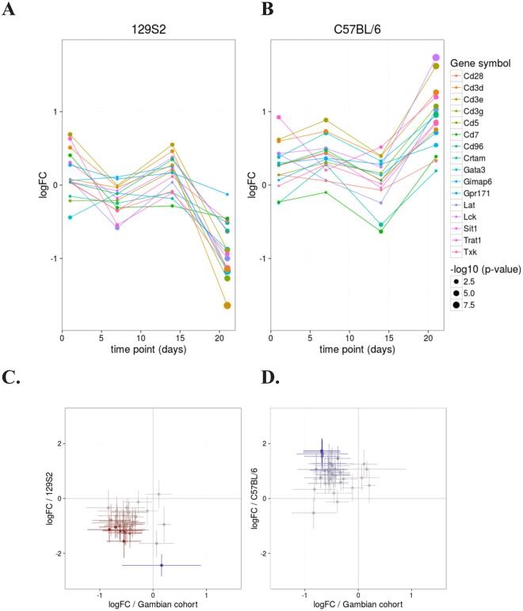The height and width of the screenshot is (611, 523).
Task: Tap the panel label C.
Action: point(13,389)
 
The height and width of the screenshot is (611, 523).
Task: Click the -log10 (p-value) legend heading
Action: point(485,269)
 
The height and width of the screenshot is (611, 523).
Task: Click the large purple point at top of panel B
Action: point(435,58)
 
